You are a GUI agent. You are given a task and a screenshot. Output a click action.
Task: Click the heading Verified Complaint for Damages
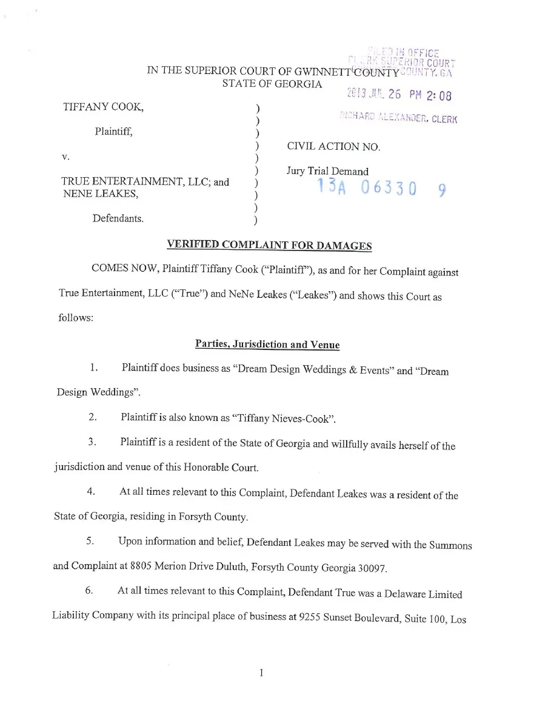click(269, 245)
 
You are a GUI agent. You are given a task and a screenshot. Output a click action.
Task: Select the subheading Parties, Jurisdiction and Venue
click(267, 344)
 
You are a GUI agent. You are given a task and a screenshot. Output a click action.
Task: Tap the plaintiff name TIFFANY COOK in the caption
click(103, 107)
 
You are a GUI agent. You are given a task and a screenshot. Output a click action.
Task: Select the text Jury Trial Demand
click(327, 172)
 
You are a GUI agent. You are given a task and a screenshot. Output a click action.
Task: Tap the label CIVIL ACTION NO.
click(333, 147)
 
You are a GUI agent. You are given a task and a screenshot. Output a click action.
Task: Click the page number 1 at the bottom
click(261, 672)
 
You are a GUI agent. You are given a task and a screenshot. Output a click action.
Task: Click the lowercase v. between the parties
click(65, 157)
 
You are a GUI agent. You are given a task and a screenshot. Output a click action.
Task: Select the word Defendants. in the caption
click(118, 218)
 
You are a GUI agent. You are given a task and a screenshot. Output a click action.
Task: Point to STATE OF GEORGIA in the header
click(272, 84)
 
